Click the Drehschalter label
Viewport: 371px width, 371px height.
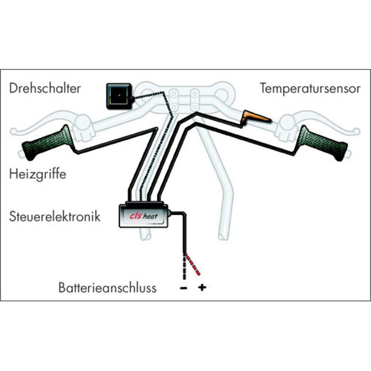(x=45, y=88)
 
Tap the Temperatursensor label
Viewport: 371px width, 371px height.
(x=310, y=88)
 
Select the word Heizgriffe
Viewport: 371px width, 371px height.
(x=37, y=174)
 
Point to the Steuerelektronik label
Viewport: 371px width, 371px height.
(x=55, y=216)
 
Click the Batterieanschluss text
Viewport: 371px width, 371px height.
(x=107, y=288)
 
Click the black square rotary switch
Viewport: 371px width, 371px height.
(x=119, y=96)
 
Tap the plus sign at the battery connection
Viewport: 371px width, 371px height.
(x=202, y=288)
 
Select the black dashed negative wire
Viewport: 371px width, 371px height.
(x=185, y=267)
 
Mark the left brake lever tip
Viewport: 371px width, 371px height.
(x=14, y=131)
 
